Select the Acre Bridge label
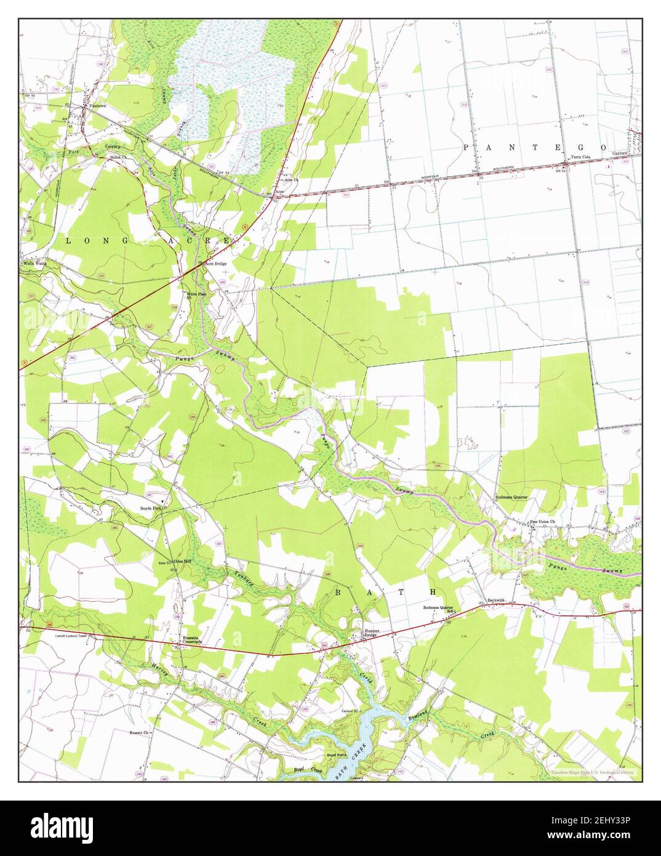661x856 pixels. [x=216, y=264]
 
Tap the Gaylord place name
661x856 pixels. [x=619, y=152]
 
